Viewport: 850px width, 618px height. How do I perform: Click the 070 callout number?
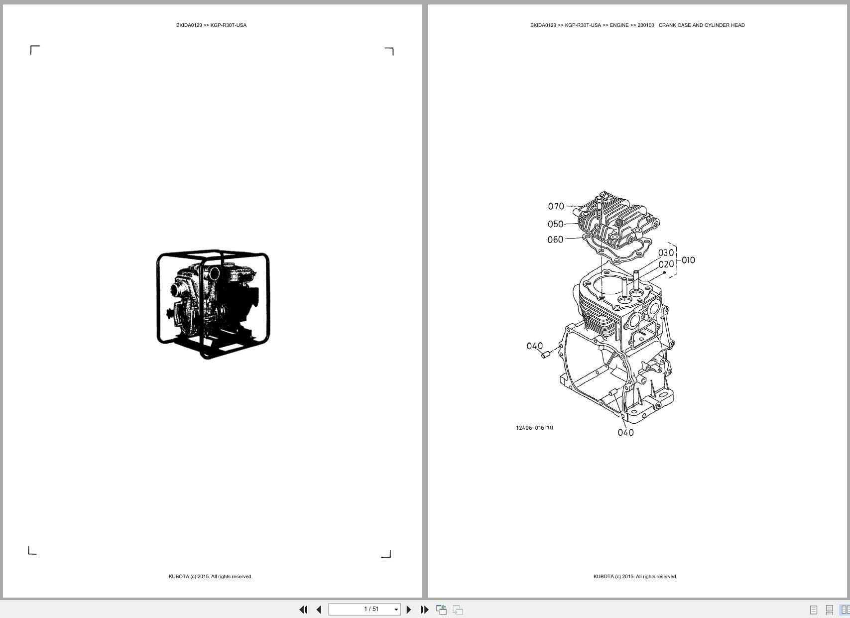click(556, 206)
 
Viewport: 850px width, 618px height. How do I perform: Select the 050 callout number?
click(555, 224)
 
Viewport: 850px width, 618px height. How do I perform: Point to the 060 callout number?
click(555, 240)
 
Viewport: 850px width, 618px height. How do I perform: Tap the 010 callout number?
click(688, 260)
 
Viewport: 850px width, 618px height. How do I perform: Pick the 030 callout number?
click(666, 253)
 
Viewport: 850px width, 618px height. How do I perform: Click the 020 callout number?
click(666, 264)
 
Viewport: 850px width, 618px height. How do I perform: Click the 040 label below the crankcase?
click(625, 433)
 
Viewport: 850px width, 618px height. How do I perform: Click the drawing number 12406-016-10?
click(534, 428)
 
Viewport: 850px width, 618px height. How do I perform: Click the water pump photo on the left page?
click(213, 304)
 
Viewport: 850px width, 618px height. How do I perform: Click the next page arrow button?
click(409, 610)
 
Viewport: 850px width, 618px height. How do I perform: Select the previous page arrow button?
click(319, 610)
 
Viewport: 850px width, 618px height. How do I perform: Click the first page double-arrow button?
click(303, 610)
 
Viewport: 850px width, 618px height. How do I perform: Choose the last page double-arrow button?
click(424, 610)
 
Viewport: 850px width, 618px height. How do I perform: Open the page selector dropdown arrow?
click(396, 610)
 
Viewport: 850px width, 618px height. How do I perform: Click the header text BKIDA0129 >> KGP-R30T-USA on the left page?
click(211, 25)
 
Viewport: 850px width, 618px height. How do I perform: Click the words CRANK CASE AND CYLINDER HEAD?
click(701, 25)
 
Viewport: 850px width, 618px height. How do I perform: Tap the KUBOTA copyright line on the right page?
click(635, 577)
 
